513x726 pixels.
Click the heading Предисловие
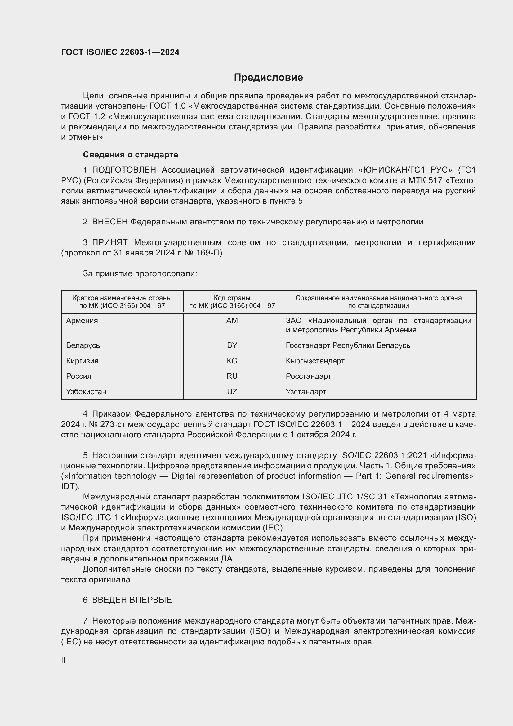pyautogui.click(x=268, y=78)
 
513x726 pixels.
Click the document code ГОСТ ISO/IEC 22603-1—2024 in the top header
pyautogui.click(x=120, y=52)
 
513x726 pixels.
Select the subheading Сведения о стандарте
pyautogui.click(x=131, y=155)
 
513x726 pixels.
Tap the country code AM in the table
pyautogui.click(x=232, y=321)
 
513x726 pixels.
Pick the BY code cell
pyautogui.click(x=232, y=345)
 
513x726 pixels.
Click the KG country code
pyautogui.click(x=232, y=361)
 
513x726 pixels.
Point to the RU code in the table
pyautogui.click(x=232, y=376)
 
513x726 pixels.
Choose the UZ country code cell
pyautogui.click(x=232, y=391)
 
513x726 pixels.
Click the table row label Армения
pyautogui.click(x=82, y=321)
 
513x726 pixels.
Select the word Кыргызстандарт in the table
pyautogui.click(x=315, y=361)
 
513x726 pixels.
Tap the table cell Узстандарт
pyautogui.click(x=306, y=391)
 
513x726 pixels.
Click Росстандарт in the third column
pyautogui.click(x=308, y=376)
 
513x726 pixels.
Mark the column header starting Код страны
pyautogui.click(x=232, y=302)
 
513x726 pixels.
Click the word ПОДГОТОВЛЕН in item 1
pyautogui.click(x=124, y=170)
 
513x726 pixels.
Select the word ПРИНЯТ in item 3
pyautogui.click(x=109, y=242)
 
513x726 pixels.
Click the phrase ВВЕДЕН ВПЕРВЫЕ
pyautogui.click(x=132, y=600)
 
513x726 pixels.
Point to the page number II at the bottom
pyautogui.click(x=63, y=660)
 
